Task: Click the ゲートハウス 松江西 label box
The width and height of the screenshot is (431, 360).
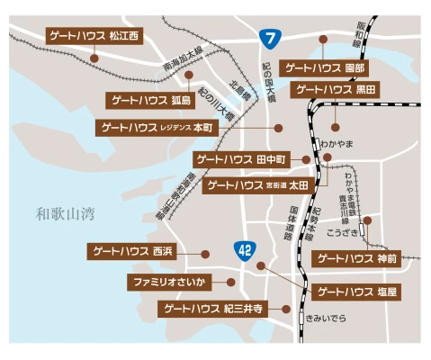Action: [96, 36]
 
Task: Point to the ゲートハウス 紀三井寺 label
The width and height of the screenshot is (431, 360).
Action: [213, 308]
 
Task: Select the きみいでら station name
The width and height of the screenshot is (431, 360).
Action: [326, 319]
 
